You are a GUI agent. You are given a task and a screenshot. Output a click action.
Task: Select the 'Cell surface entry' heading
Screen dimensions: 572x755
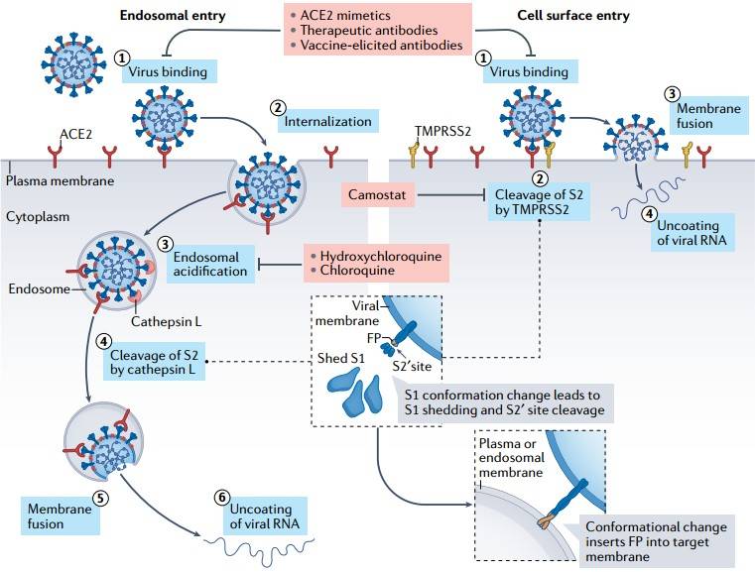(572, 17)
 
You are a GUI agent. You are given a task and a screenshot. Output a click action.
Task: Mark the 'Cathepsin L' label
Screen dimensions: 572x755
(166, 321)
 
